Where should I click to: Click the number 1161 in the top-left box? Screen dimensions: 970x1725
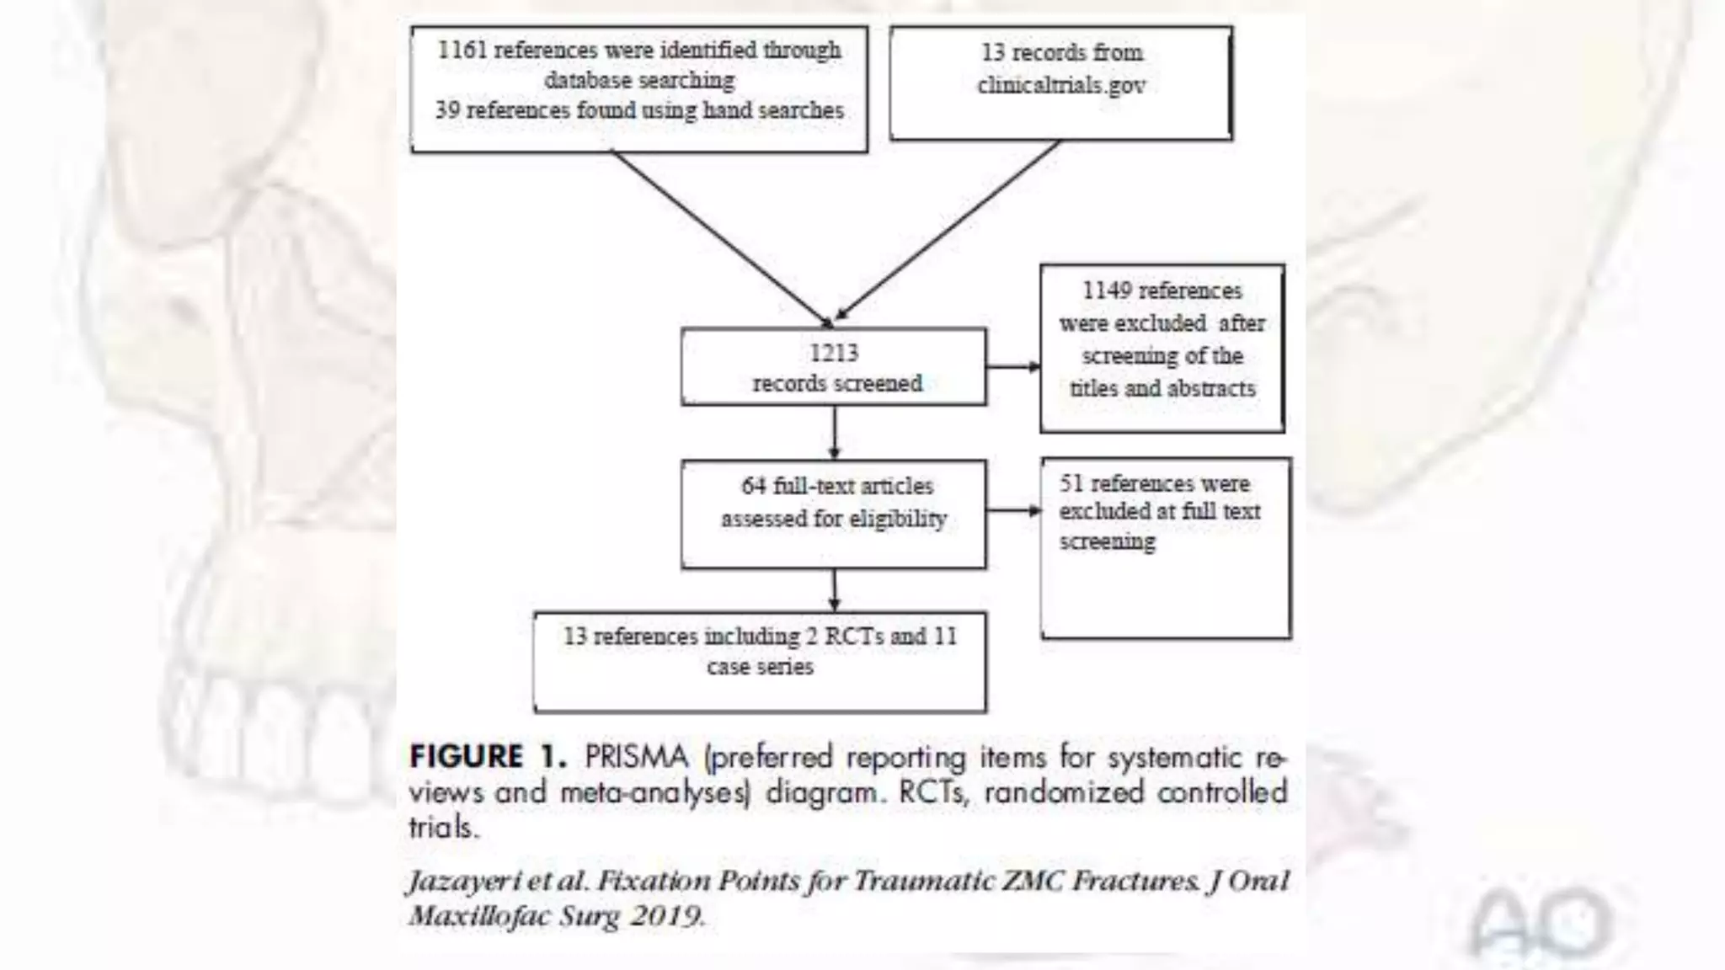[x=462, y=50]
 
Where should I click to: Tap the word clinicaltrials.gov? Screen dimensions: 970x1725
[x=1060, y=85]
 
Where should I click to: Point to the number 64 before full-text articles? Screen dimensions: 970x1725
[x=753, y=486]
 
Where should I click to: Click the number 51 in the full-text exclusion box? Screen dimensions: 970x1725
[x=1071, y=483]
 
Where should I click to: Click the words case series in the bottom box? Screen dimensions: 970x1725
[x=760, y=667]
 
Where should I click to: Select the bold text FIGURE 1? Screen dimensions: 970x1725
[x=488, y=756]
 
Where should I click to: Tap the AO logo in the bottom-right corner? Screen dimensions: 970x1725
[x=1540, y=923]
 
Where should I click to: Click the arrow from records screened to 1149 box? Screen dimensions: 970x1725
[x=1012, y=366]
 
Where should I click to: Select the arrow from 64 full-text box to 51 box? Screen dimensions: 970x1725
[x=1012, y=510]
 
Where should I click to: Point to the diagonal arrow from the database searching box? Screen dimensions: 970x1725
[x=720, y=236]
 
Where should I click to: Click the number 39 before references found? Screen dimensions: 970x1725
[x=446, y=110]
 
